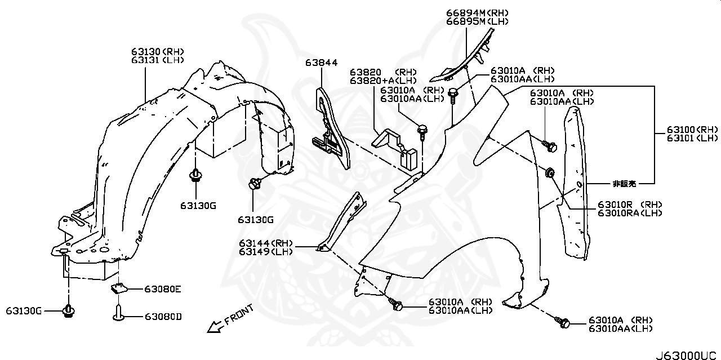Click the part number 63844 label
click(322, 63)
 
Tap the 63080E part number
click(162, 289)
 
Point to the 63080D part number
click(163, 317)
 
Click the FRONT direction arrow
click(213, 326)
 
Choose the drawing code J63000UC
click(687, 355)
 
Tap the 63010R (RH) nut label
click(630, 204)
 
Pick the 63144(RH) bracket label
click(265, 243)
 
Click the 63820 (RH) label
click(383, 72)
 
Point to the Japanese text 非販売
click(624, 184)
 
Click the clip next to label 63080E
click(118, 289)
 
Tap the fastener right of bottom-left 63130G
click(69, 310)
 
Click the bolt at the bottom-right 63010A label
click(564, 323)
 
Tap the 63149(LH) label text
click(265, 251)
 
